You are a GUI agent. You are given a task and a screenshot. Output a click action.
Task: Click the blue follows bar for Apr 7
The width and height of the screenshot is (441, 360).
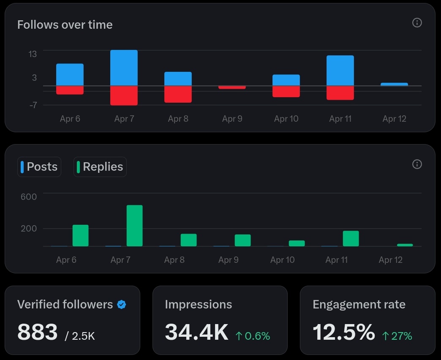coord(124,68)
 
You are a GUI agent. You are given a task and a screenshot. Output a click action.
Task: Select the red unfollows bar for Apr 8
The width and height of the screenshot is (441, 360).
coord(178,94)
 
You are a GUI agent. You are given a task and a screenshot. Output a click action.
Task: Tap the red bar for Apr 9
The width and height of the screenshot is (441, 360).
coord(232,87)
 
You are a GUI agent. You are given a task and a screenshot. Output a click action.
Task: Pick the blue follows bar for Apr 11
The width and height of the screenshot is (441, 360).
coord(340,71)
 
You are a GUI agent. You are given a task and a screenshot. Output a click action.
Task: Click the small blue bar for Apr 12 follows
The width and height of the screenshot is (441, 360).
coord(394,85)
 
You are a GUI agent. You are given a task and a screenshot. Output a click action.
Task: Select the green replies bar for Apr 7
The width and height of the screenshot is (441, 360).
coord(134,226)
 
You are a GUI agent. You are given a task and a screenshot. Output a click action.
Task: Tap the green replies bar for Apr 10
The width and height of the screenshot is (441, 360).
coord(297,243)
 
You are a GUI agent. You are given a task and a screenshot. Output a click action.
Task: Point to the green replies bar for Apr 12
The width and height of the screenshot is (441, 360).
coord(405,245)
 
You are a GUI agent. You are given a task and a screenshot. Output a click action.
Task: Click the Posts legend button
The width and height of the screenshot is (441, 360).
coord(39,167)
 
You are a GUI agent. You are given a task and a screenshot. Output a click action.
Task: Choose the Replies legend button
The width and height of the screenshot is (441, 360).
coord(100,167)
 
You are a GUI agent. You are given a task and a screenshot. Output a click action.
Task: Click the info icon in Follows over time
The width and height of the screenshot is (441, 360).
coord(417,23)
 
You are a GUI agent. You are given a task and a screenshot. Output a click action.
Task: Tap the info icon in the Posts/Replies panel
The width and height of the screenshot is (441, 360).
coord(417,164)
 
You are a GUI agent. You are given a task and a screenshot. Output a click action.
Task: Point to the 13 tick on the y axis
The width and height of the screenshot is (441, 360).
coord(33,54)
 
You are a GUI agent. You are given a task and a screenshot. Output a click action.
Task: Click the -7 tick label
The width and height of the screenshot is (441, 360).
coord(33,105)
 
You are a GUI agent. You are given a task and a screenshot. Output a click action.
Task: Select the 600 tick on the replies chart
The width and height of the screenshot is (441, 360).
coord(29,196)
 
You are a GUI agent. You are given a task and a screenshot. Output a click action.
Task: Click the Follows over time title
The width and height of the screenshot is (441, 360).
coord(65,25)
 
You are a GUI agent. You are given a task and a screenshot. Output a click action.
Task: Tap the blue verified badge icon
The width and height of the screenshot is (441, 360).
coord(122,304)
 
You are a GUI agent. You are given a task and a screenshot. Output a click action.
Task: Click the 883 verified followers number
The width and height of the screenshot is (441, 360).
coord(37,332)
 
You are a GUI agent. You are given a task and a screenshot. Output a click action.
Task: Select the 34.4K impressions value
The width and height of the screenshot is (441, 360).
coord(196,332)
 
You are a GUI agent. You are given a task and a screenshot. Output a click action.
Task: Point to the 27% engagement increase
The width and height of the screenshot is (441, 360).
coord(397,336)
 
